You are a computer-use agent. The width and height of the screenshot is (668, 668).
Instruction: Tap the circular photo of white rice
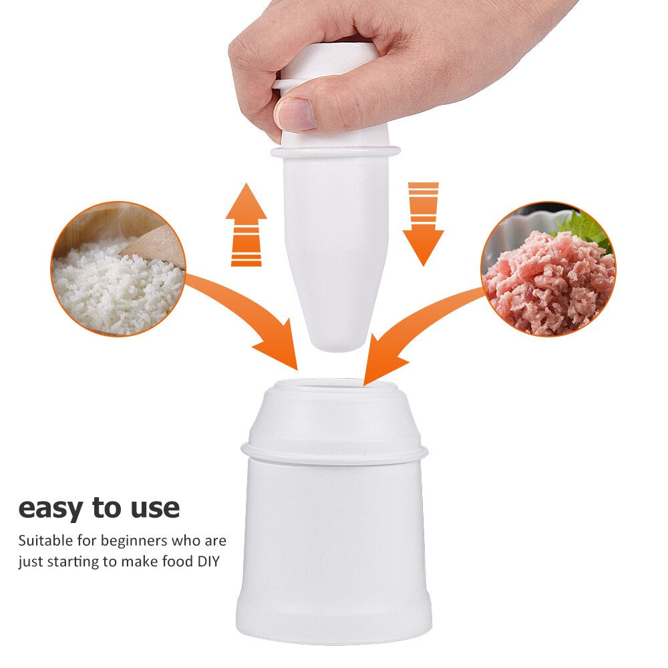pyautogui.click(x=118, y=269)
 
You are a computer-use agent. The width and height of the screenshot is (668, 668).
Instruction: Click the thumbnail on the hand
pyautogui.click(x=295, y=114)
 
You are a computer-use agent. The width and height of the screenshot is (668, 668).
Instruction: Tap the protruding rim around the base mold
pyautogui.click(x=334, y=455)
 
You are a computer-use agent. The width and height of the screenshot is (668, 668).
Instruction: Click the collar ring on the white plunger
pyautogui.click(x=335, y=152)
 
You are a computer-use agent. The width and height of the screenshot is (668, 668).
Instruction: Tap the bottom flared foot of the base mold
pyautogui.click(x=334, y=625)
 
